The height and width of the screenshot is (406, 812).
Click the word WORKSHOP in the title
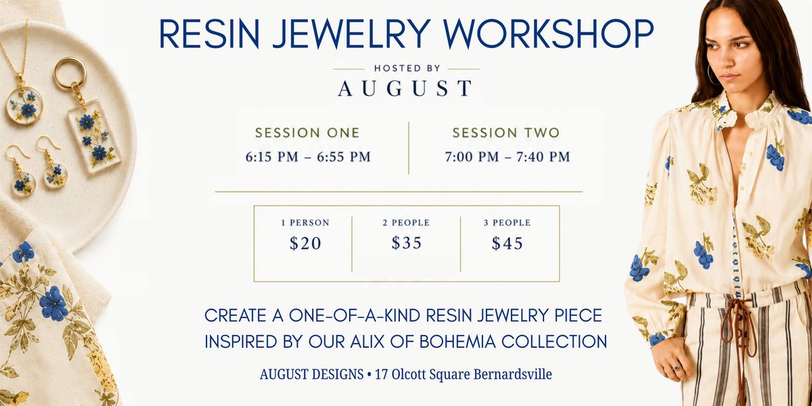pyautogui.click(x=548, y=33)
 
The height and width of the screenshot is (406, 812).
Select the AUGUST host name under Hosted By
pyautogui.click(x=405, y=88)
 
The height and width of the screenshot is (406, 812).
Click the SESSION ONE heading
pyautogui.click(x=307, y=133)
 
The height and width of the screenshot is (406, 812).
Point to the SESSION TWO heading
pyautogui.click(x=505, y=133)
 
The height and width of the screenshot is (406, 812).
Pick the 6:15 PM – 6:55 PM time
pyautogui.click(x=308, y=157)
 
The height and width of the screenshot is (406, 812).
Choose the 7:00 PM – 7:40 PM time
pyautogui.click(x=507, y=157)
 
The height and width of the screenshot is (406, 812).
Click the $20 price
pyautogui.click(x=305, y=243)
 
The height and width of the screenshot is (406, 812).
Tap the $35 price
pyautogui.click(x=407, y=243)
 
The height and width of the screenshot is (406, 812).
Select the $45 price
pyautogui.click(x=507, y=243)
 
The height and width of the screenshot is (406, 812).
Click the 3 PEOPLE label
pyautogui.click(x=507, y=223)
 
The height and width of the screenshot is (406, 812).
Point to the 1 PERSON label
pyautogui.click(x=305, y=223)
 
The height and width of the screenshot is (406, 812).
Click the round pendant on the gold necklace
pyautogui.click(x=24, y=105)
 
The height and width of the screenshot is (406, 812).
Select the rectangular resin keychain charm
pyautogui.click(x=95, y=135)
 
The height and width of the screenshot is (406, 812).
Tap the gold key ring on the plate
pyautogui.click(x=70, y=73)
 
